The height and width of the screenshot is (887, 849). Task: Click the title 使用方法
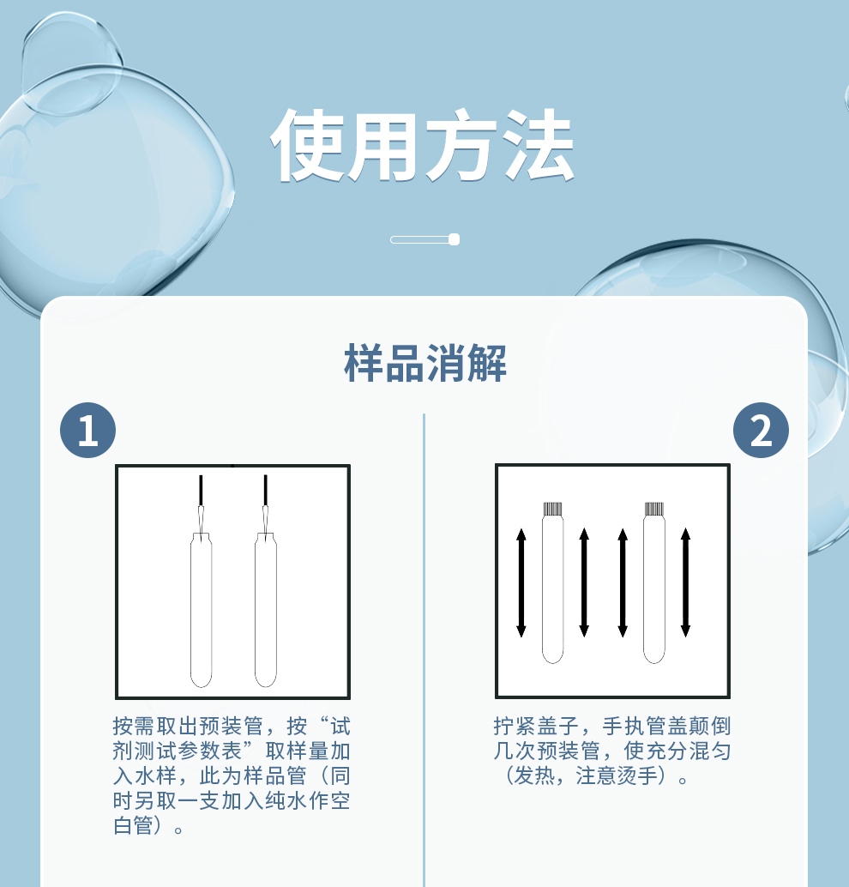423,145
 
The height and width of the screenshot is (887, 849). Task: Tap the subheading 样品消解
424,363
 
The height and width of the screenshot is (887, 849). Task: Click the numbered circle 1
87,430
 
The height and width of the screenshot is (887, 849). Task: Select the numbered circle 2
761,430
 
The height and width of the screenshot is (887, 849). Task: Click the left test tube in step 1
201,610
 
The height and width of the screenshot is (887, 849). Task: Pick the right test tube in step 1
265,610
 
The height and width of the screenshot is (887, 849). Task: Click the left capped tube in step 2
552,582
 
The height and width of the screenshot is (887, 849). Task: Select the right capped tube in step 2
653,582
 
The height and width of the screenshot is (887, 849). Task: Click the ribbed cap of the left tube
552,509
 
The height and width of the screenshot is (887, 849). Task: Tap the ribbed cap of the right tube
653,509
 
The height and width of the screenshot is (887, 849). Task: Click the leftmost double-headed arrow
521,582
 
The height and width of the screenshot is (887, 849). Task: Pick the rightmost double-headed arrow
685,582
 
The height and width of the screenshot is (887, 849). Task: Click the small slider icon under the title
424,239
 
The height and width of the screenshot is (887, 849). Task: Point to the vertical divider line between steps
424,650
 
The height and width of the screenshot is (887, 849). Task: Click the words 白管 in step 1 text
133,825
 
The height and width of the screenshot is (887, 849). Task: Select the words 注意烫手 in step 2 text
617,775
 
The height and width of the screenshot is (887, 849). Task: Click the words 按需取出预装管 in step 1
188,726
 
